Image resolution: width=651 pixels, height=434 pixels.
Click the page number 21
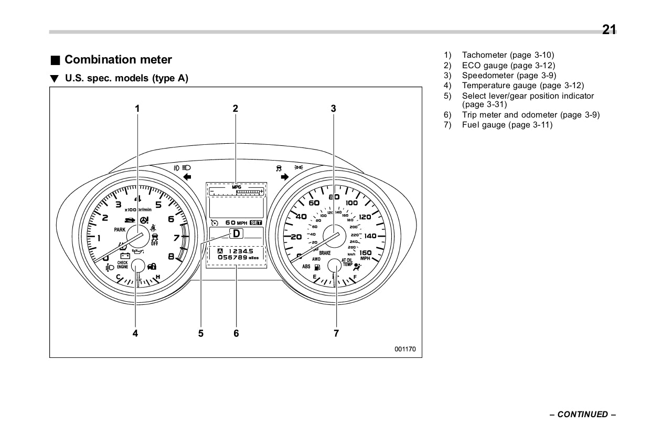click(x=609, y=30)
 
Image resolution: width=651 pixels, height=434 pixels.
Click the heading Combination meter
click(x=118, y=60)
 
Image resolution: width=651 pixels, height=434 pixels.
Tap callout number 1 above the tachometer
click(x=137, y=109)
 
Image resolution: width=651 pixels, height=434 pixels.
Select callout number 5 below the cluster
click(x=201, y=333)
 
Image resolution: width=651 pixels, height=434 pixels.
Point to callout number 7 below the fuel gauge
click(x=336, y=333)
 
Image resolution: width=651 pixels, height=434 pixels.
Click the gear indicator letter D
click(x=237, y=234)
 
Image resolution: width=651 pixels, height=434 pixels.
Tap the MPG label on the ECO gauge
click(x=236, y=186)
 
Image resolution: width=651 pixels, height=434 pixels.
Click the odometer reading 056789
click(x=232, y=258)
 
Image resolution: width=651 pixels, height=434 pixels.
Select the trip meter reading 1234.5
click(x=240, y=251)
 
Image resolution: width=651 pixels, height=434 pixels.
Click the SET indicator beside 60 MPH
click(x=256, y=223)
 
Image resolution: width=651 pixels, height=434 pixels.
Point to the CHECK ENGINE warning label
click(x=122, y=265)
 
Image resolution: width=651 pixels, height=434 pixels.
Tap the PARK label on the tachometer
click(x=120, y=230)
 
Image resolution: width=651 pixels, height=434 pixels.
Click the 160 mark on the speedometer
click(x=365, y=253)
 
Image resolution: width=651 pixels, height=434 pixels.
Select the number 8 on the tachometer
click(x=171, y=257)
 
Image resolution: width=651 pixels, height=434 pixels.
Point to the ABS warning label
click(x=306, y=267)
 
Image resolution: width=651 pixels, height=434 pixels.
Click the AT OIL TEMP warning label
click(x=347, y=262)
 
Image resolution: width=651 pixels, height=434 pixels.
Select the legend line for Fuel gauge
click(x=507, y=125)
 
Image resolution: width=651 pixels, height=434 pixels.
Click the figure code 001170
click(x=405, y=348)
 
